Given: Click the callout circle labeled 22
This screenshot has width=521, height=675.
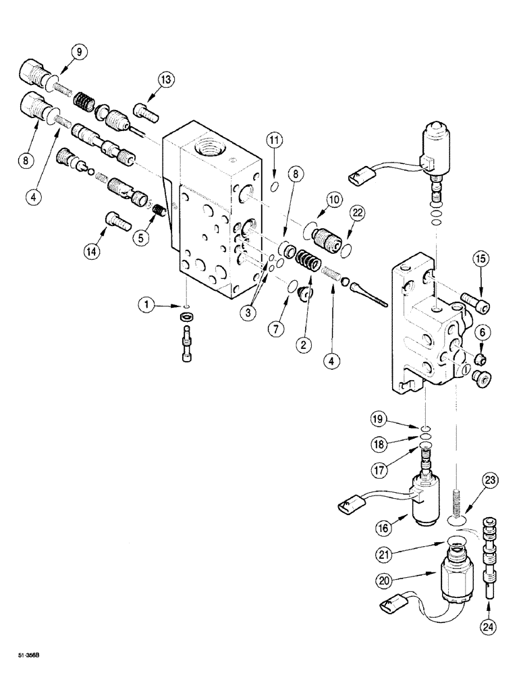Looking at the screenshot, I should click(357, 215).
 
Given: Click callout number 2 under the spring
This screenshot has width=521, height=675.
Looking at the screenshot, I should click(305, 344).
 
